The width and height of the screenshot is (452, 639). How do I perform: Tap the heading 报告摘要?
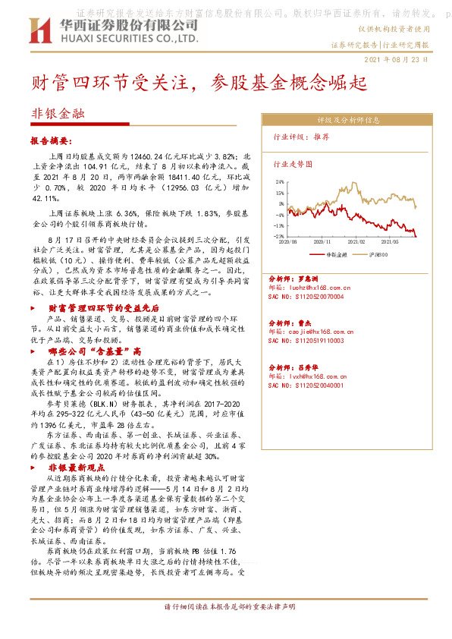point(51,141)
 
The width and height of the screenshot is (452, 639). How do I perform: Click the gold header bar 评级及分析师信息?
point(342,120)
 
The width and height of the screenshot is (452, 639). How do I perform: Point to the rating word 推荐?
point(321,137)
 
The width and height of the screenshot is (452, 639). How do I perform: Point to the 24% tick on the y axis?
point(279,182)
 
